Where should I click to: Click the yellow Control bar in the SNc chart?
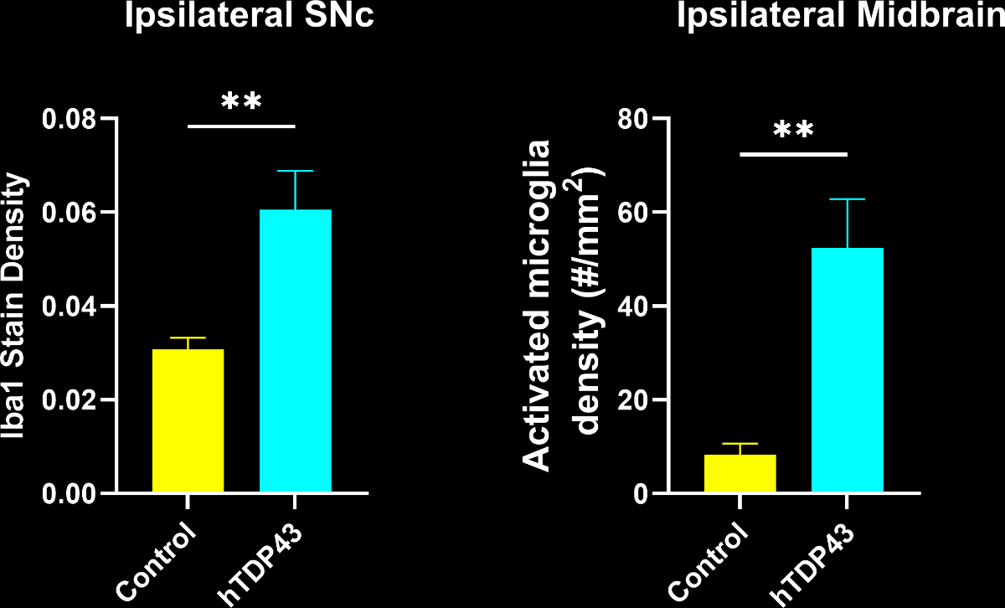click(188, 420)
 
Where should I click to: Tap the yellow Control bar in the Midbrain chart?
click(740, 473)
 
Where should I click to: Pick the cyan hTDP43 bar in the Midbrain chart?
click(848, 369)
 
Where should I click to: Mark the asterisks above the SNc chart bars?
click(241, 103)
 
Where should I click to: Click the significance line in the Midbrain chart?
click(794, 154)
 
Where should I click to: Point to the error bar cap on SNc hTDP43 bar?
click(295, 171)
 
